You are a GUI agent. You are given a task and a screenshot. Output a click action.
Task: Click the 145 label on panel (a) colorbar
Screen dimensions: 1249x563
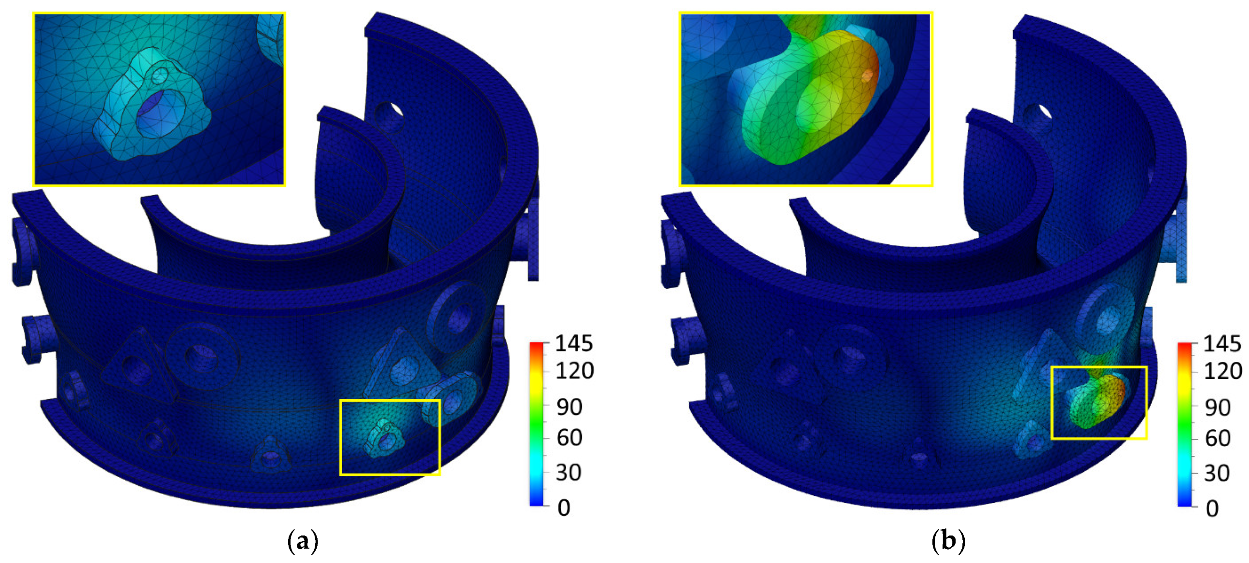574,344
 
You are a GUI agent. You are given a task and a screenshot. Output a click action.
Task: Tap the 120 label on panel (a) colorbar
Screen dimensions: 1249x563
575,371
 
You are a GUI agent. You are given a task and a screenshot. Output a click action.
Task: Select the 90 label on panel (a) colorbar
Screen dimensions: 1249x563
569,408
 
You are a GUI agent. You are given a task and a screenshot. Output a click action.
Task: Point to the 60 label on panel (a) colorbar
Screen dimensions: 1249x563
569,438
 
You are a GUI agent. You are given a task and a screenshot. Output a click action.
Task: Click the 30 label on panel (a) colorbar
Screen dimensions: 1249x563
568,472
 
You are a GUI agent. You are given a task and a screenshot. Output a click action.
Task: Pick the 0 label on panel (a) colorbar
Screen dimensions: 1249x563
564,508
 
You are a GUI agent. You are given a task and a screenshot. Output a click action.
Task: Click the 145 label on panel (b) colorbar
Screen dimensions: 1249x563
1222,344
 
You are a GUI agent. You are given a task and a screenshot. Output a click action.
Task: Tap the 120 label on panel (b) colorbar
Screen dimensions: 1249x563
1223,372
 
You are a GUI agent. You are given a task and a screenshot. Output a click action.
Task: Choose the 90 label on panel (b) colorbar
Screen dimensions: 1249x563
1218,408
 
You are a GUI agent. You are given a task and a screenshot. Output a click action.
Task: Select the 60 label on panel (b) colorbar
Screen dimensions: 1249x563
1218,438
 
